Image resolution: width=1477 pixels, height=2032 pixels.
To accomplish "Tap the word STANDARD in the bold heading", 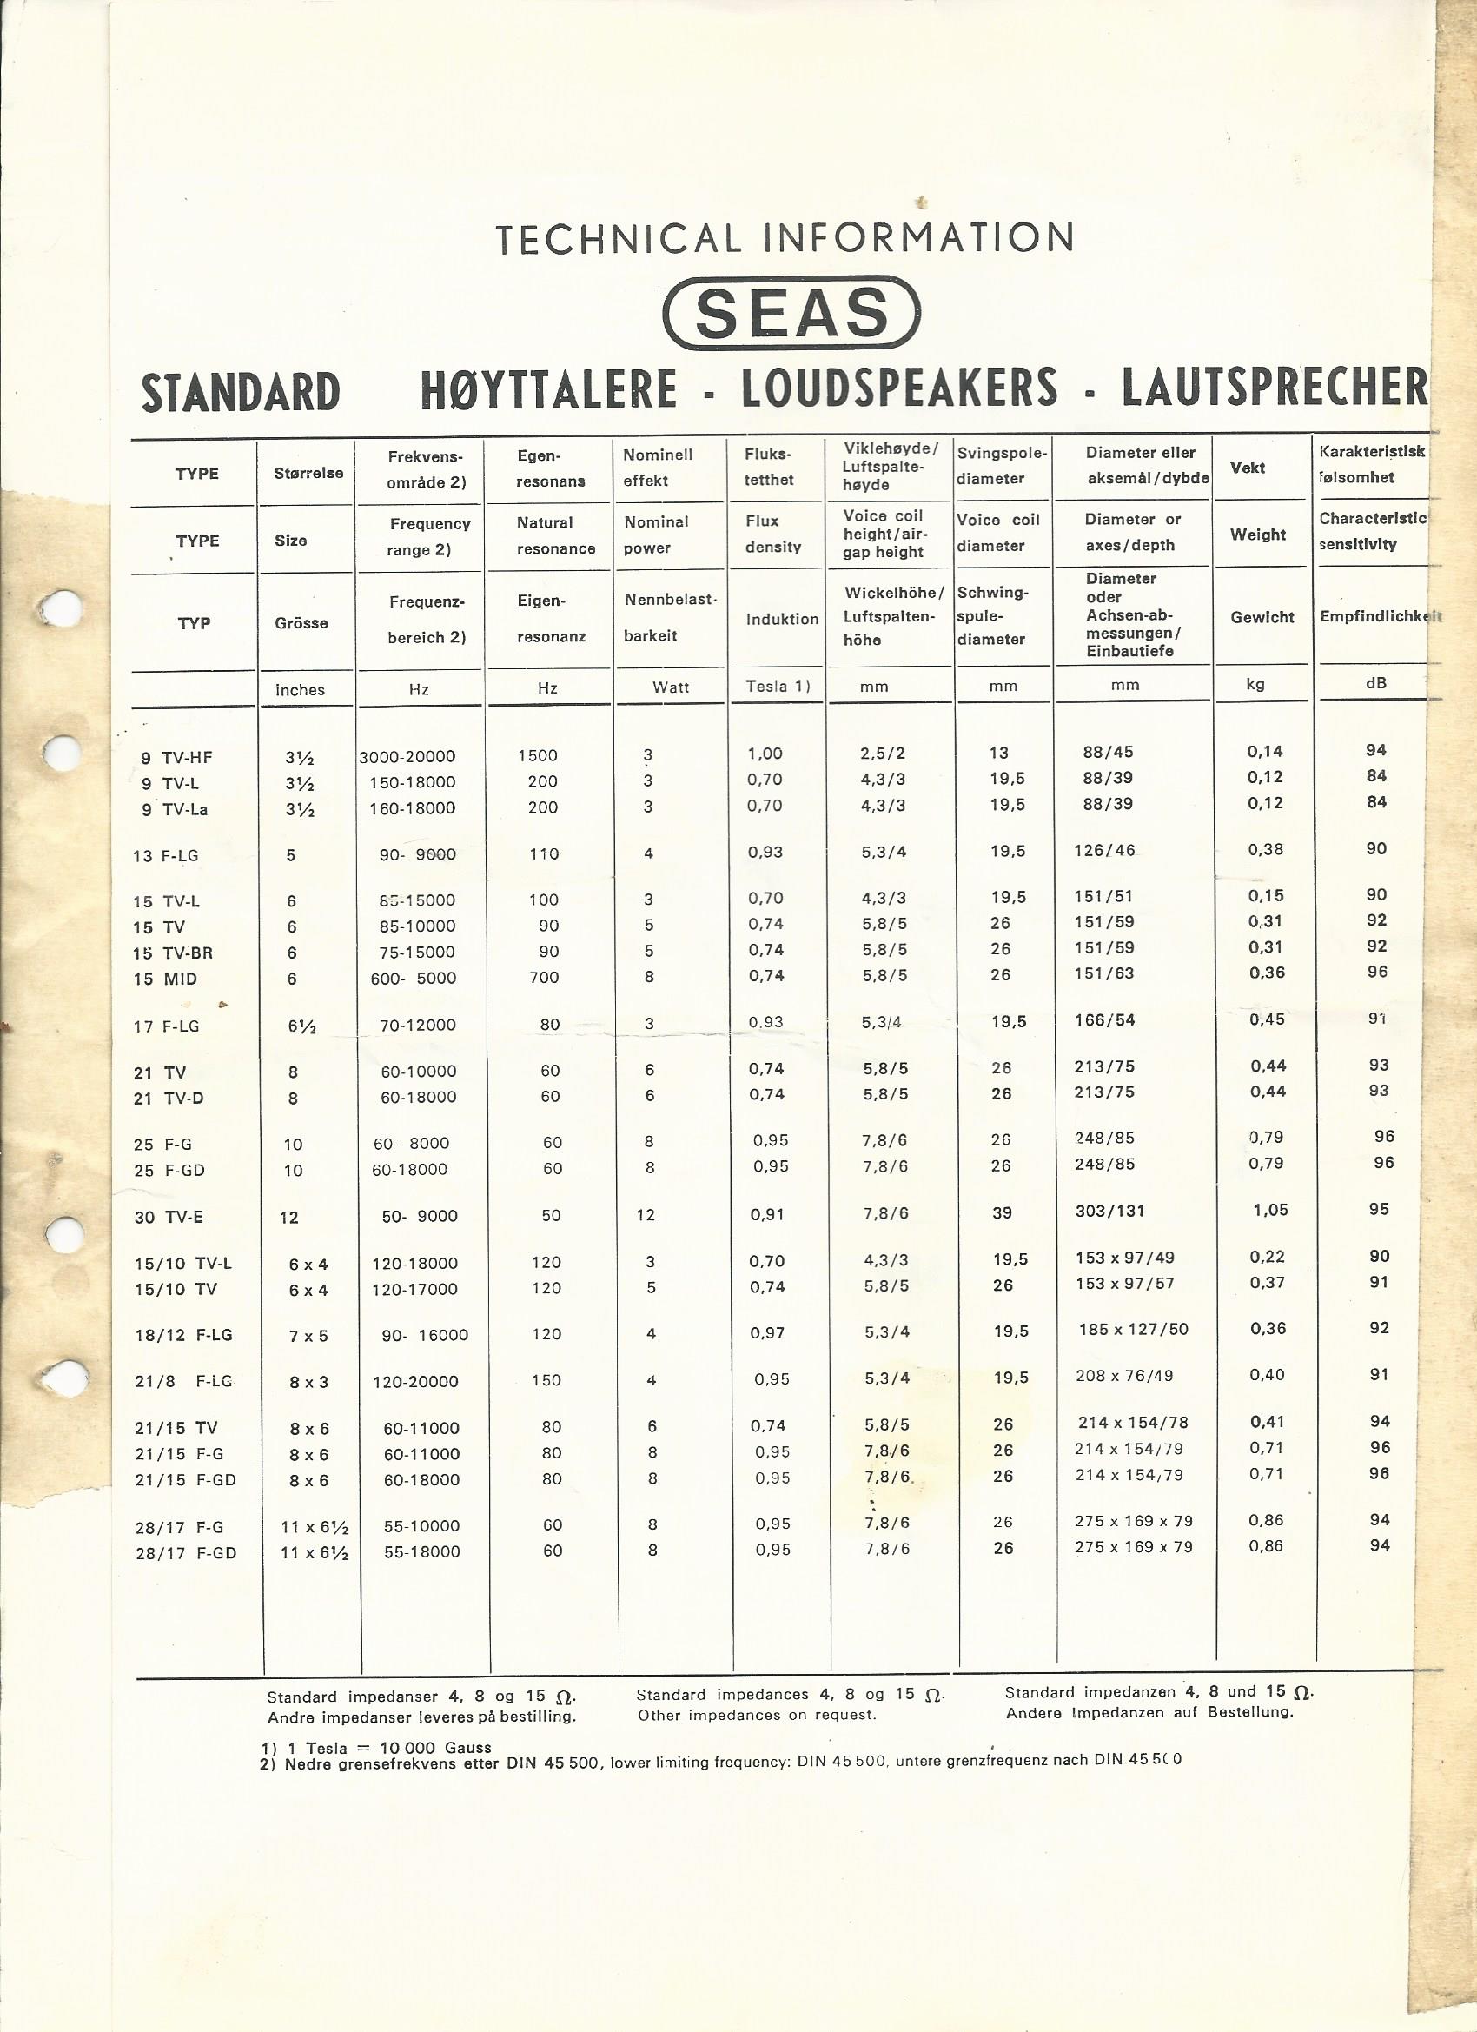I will pyautogui.click(x=241, y=393).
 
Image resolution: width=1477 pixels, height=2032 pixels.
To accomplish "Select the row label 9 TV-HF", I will pyautogui.click(x=176, y=758).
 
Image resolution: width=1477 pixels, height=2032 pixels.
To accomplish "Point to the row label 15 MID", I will pyautogui.click(x=165, y=979).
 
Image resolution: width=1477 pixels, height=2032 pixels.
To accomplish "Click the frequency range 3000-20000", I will pyautogui.click(x=407, y=757).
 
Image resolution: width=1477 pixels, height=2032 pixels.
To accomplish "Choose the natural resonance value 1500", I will pyautogui.click(x=538, y=755).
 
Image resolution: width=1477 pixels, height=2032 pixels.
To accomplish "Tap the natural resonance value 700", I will pyautogui.click(x=544, y=978).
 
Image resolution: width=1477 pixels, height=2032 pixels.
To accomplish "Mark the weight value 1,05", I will pyautogui.click(x=1270, y=1210).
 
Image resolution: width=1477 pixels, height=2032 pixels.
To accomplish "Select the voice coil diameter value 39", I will pyautogui.click(x=1003, y=1212).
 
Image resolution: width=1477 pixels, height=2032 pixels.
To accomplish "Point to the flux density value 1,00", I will pyautogui.click(x=765, y=754).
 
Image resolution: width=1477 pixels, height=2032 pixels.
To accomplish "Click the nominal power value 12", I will pyautogui.click(x=646, y=1215).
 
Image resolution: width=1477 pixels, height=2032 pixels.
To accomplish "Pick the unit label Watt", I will pyautogui.click(x=671, y=687).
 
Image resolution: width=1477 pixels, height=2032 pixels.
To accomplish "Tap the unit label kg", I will pyautogui.click(x=1255, y=684).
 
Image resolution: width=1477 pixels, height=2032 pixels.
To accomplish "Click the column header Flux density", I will pyautogui.click(x=773, y=534).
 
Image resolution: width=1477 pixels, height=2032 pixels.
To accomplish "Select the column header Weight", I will pyautogui.click(x=1258, y=535).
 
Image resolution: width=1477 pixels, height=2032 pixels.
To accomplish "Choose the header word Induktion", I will pyautogui.click(x=782, y=619).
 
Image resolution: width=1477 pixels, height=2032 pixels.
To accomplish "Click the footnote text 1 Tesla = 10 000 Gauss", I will pyautogui.click(x=389, y=1747).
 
